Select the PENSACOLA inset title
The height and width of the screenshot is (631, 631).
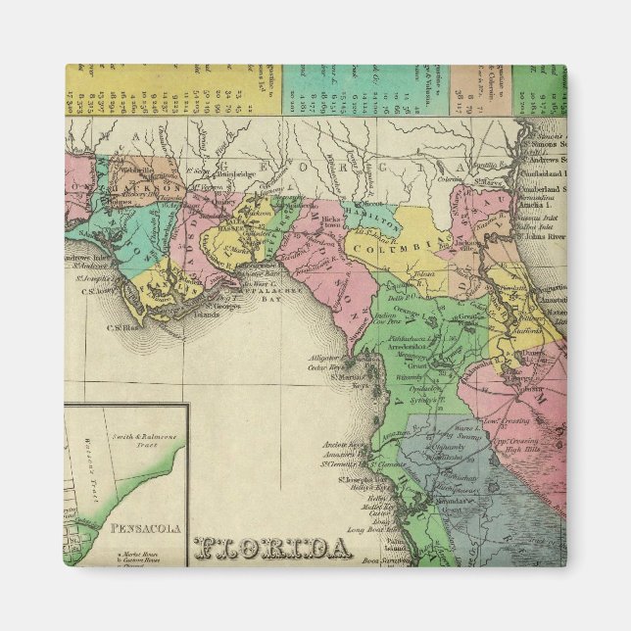(x=146, y=529)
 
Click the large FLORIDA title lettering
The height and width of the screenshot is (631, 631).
(x=273, y=548)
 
